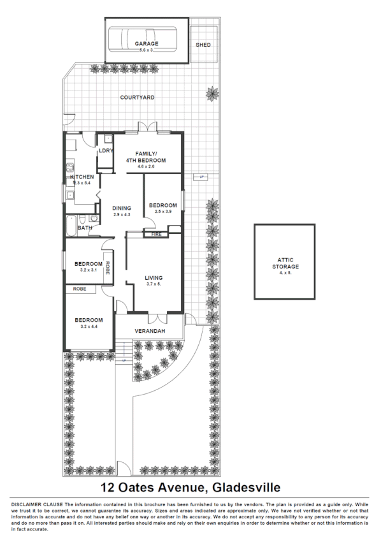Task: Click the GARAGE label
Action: pyautogui.click(x=146, y=44)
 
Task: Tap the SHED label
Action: pyautogui.click(x=203, y=45)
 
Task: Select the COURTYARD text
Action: pyautogui.click(x=138, y=98)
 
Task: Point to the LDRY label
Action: pyautogui.click(x=106, y=150)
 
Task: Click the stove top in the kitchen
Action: pyautogui.click(x=69, y=170)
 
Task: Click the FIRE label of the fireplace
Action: pyautogui.click(x=155, y=235)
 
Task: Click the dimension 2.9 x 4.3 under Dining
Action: pyautogui.click(x=122, y=214)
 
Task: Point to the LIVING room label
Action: pyautogui.click(x=154, y=278)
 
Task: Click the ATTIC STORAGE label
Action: pyautogui.click(x=284, y=263)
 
